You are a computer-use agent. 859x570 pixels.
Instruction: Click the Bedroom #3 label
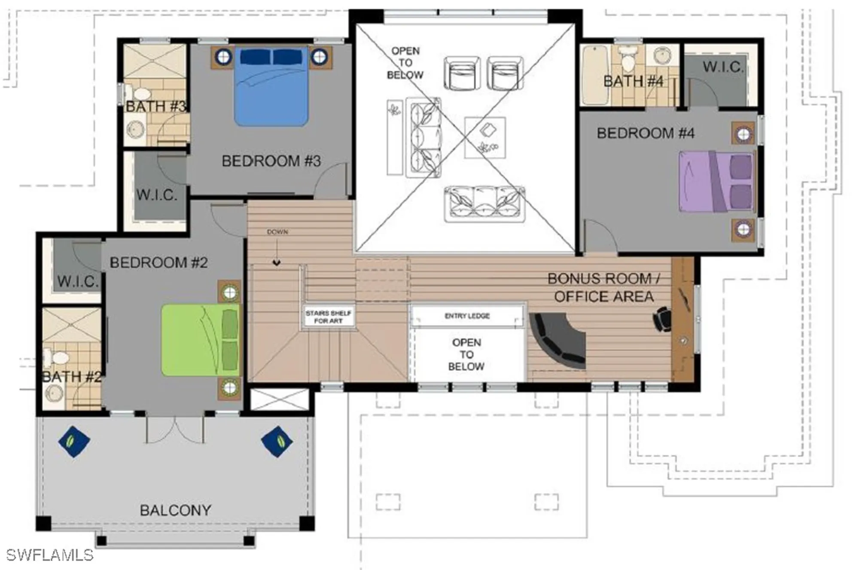coord(271,161)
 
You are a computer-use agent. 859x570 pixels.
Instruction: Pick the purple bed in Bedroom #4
coord(716,182)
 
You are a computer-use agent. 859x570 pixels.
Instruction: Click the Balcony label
coord(175,510)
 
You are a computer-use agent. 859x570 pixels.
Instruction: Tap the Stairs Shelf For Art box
coord(328,317)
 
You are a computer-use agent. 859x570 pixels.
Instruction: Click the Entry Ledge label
coord(467,316)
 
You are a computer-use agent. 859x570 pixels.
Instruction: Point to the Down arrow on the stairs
coord(277,261)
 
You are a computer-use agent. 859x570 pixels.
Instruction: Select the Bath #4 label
coord(633,81)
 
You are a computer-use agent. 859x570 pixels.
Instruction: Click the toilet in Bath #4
coord(627,60)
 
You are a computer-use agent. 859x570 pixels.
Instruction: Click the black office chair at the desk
coord(662,319)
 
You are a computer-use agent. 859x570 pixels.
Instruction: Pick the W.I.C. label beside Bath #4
coord(722,67)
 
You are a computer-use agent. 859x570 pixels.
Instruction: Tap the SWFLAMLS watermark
coord(50,555)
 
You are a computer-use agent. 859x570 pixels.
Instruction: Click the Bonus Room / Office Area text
coord(603,287)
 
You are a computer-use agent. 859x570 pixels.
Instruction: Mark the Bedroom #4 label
coord(645,133)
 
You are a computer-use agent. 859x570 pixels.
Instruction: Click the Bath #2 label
coord(72,377)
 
